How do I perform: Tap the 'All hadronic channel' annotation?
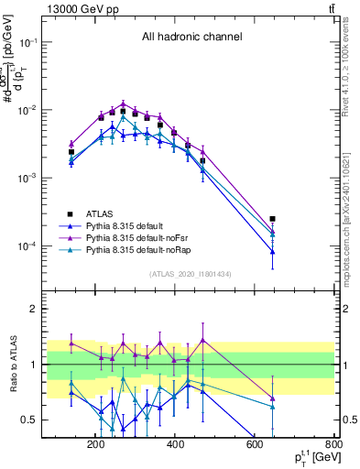point(191,38)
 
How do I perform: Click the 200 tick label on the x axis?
point(95,446)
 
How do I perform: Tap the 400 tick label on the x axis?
point(175,446)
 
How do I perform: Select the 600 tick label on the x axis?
point(255,446)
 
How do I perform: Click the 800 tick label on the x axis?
point(333,446)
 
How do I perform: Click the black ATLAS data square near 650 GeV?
point(273,219)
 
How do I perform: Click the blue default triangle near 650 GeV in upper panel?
point(273,251)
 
